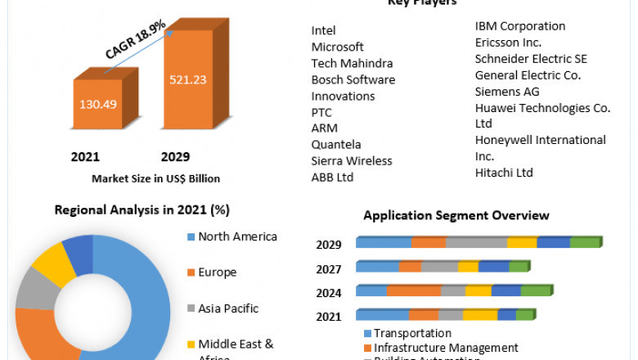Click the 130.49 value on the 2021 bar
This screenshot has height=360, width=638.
tap(98, 104)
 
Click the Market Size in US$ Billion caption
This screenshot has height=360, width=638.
tap(155, 178)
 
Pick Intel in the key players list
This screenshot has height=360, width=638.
tap(324, 31)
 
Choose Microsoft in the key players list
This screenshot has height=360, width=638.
tap(338, 47)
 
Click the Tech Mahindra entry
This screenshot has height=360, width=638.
tap(352, 64)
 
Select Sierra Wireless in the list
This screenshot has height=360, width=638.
tap(352, 160)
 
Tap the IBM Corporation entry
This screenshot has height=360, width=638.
tap(520, 26)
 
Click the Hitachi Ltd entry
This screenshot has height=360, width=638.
tap(504, 173)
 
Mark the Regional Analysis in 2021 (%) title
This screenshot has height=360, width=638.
tap(142, 209)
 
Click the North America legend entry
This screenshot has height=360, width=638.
tap(237, 237)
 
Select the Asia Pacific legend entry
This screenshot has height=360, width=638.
tap(228, 308)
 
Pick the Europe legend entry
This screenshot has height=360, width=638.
tap(217, 272)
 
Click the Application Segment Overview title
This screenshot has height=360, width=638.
tap(456, 216)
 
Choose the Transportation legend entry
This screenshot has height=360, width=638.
tap(412, 334)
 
